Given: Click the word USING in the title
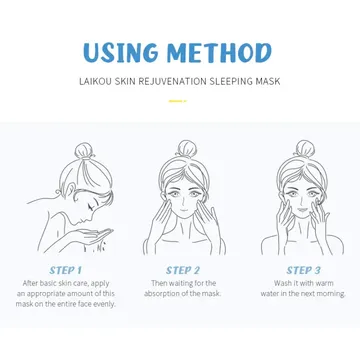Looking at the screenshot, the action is (121, 53).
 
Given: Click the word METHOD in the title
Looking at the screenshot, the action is (219, 53).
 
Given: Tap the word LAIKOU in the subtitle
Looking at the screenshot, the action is (95, 81).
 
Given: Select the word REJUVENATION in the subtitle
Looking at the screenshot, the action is (173, 81).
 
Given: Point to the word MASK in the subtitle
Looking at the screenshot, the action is (268, 81).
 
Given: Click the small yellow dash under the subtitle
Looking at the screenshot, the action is (177, 101).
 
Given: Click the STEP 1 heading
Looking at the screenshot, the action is (66, 270).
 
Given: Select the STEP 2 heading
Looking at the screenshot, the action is (183, 270).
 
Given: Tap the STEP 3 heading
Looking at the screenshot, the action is (303, 270).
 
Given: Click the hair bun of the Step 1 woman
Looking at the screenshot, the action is (83, 151).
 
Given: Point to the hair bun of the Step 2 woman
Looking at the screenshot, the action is (187, 149).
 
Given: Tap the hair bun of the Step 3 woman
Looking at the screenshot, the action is (304, 149).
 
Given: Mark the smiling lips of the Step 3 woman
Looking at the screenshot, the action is (303, 210).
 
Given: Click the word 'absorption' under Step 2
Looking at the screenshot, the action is (162, 294).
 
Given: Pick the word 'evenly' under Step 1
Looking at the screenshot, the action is (104, 304).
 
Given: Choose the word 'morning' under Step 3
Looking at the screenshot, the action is (331, 294).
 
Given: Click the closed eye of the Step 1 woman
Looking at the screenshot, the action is (90, 207).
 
